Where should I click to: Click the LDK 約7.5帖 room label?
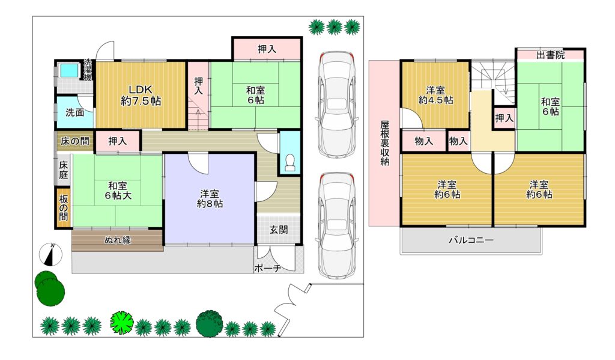click(141, 96)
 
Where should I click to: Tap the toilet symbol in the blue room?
click(290, 162)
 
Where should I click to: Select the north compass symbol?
click(51, 254)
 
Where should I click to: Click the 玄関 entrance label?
click(279, 230)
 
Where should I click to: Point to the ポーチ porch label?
click(268, 269)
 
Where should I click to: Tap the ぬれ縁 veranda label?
click(118, 240)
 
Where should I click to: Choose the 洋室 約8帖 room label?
click(210, 199)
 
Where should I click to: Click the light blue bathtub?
click(69, 70)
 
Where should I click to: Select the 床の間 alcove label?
click(74, 141)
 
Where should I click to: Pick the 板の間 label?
click(64, 208)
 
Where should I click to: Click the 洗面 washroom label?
click(75, 112)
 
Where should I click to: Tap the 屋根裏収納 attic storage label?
click(385, 143)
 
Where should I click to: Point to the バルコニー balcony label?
click(471, 240)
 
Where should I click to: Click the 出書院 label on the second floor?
click(551, 55)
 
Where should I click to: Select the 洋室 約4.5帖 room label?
click(436, 95)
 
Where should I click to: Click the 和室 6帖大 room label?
click(118, 191)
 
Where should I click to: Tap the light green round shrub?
click(122, 322)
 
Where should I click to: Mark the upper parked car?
click(337, 105)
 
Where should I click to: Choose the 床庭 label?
click(64, 170)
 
